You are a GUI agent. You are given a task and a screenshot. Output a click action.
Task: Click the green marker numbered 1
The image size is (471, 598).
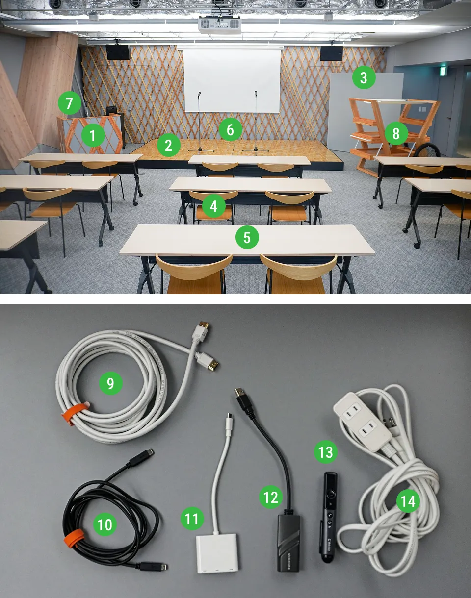coord(93,136)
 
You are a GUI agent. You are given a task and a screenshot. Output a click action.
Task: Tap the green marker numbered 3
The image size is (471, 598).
coord(364,77)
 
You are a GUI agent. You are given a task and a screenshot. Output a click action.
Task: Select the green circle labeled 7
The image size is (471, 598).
coord(69,103)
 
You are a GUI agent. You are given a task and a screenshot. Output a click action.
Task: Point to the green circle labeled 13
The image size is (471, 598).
coord(325,452)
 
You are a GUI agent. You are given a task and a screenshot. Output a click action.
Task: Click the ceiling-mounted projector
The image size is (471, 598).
coord(219,25)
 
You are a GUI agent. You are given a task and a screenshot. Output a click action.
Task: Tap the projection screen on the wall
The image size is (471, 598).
coord(232,80)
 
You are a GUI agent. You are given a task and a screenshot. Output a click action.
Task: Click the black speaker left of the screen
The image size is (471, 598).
coord(118,52)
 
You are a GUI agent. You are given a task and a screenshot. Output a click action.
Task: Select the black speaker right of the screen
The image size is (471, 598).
coord(332,53)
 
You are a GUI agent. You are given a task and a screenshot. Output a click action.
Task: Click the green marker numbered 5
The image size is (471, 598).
coord(247,237)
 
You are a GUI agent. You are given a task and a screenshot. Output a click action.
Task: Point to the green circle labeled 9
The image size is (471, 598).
coord(111,383)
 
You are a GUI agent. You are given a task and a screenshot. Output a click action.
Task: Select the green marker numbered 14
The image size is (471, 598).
coord(408,501)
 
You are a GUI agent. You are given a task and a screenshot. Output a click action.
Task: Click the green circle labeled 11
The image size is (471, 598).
coord(192,519)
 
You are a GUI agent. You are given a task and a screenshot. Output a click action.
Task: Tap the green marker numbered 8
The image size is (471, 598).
coord(396,133)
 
